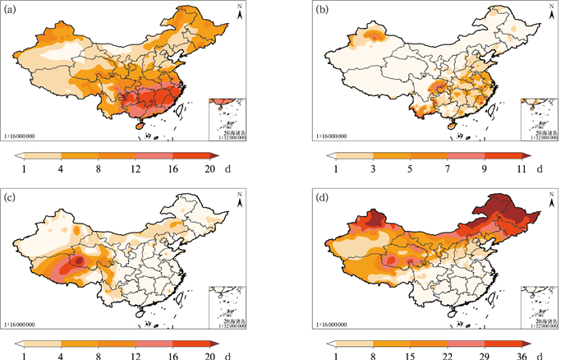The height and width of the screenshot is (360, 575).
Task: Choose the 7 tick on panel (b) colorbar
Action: [x=448, y=168]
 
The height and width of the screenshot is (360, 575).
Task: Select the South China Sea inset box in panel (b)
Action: [x=539, y=118]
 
